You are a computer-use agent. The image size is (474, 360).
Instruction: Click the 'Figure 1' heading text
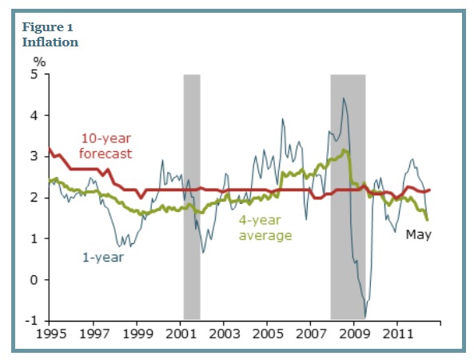coord(46,26)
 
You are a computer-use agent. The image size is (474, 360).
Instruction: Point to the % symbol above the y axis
coord(38,60)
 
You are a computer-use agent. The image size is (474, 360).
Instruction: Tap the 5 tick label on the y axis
coord(34,74)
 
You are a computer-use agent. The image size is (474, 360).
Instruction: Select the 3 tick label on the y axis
coord(34,157)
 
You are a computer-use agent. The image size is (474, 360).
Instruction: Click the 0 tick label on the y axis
coord(34,279)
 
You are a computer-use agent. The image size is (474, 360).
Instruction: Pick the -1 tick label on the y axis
coord(32,321)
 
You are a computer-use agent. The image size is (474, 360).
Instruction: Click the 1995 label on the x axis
coord(50,331)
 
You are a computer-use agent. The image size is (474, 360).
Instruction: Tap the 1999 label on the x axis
coord(137,331)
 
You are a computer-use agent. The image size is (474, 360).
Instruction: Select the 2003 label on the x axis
coord(224,331)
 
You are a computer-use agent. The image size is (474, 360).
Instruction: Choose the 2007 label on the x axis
coord(310,331)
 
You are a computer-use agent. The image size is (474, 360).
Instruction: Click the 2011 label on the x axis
coord(397,331)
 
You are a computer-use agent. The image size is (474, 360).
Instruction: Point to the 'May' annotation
coord(418,234)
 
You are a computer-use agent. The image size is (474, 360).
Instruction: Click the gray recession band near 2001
coord(192,196)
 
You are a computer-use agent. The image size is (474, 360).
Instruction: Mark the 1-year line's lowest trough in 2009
coord(365,317)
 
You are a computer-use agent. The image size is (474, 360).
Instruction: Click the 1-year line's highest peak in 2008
coord(344,98)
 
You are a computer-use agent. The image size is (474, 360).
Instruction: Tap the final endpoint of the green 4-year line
coord(428,219)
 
